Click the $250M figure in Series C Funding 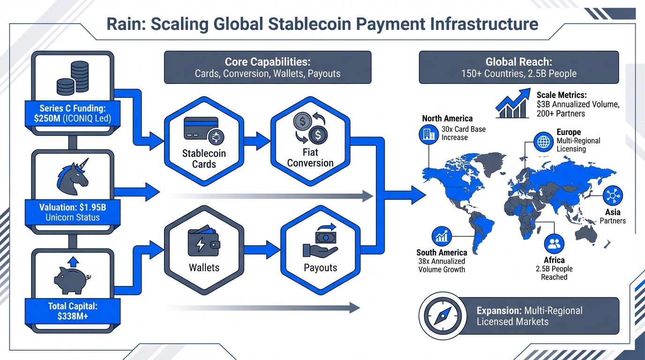[47, 119]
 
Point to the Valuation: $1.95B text [73, 206]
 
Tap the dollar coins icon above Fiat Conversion [310, 128]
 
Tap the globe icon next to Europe [544, 141]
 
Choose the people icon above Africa [554, 244]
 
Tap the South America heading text [442, 253]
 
